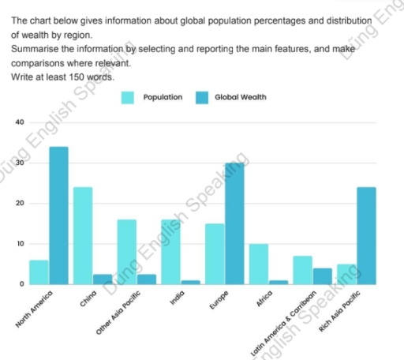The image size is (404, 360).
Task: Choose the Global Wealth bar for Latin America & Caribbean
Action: tap(322, 276)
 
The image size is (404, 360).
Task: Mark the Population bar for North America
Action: tap(39, 272)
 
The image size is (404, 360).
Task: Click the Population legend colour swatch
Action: tap(128, 97)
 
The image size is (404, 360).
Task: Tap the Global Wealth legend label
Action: tap(240, 97)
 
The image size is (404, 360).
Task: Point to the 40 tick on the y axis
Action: tap(18, 122)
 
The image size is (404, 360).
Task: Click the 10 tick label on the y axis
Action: tap(18, 244)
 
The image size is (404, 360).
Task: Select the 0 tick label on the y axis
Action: tap(21, 284)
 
